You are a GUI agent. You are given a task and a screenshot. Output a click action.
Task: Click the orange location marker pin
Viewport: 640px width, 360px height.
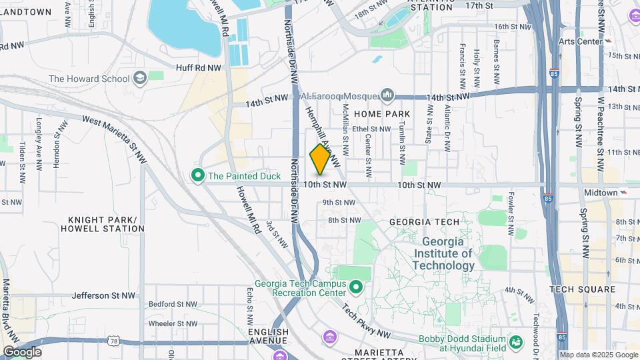coord(321,159)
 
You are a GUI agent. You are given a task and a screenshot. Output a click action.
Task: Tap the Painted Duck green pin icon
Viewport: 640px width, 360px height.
coord(198,177)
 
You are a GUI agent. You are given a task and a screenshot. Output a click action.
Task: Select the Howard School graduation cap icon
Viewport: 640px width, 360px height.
coord(140,79)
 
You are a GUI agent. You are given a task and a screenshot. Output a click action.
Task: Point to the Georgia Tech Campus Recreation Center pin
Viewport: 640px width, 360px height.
coord(356,287)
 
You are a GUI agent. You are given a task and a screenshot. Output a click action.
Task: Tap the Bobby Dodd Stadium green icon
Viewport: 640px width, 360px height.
coord(515,343)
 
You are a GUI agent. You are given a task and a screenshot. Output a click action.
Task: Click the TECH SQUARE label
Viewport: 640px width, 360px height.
coord(582,289)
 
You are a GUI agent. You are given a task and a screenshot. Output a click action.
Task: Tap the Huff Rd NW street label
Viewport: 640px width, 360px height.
coord(199,67)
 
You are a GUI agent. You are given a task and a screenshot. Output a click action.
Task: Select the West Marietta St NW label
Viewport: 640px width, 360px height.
coord(115,138)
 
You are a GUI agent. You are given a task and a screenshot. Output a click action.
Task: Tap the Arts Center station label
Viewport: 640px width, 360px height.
coord(580,41)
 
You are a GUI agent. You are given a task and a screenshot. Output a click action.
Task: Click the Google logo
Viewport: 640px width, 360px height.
coord(22,352)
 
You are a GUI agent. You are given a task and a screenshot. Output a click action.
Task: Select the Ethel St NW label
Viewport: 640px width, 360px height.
coord(371,129)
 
